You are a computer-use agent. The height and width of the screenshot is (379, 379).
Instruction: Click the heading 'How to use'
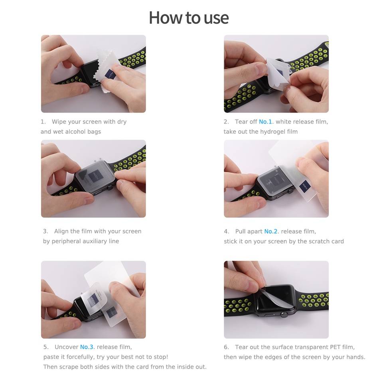(x=189, y=18)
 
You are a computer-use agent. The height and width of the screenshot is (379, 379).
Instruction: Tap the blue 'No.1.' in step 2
(x=266, y=122)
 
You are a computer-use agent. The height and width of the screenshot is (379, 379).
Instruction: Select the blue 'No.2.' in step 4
(x=271, y=231)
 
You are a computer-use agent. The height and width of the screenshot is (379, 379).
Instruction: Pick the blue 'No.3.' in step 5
(x=87, y=347)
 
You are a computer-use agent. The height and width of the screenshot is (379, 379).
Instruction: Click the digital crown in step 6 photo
(x=284, y=314)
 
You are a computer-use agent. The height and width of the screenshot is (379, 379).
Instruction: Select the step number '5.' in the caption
(x=46, y=347)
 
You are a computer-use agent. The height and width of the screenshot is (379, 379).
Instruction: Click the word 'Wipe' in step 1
(x=58, y=122)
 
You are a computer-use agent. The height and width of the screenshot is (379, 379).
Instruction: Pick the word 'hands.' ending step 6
(x=355, y=357)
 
